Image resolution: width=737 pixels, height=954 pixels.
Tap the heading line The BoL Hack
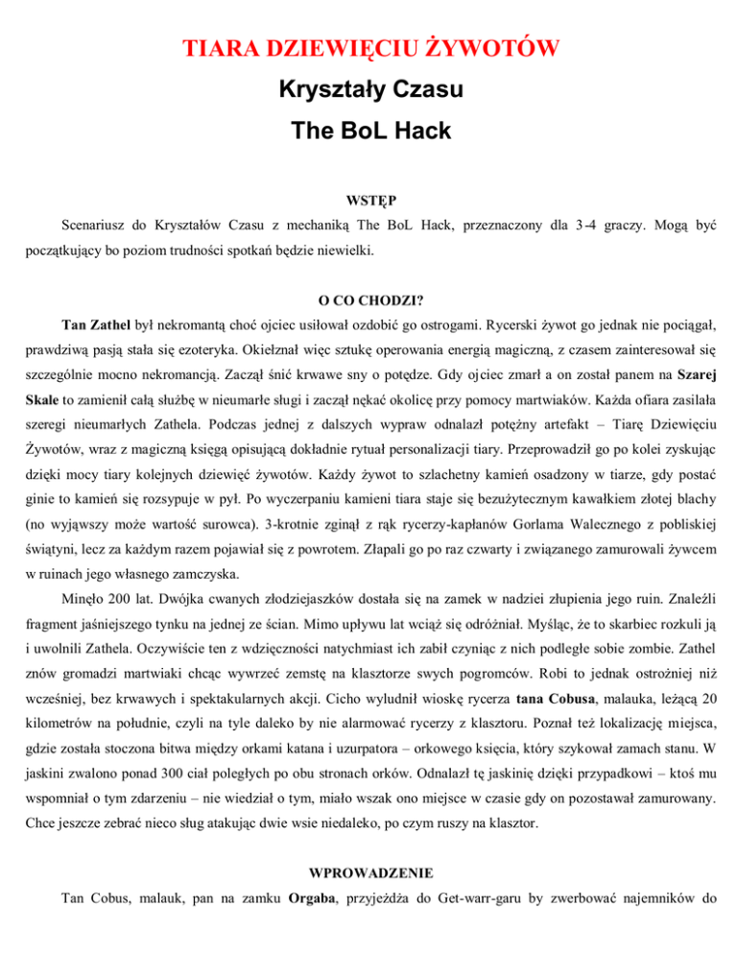(x=368, y=134)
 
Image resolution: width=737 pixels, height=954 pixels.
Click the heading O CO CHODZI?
(x=368, y=299)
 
